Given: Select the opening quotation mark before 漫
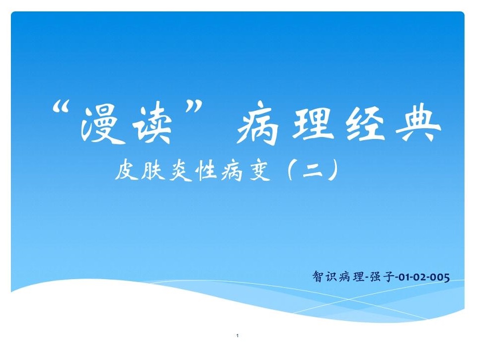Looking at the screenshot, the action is click(x=61, y=108).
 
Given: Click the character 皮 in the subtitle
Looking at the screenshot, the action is click(x=126, y=171).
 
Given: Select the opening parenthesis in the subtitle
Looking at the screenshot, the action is click(x=291, y=170).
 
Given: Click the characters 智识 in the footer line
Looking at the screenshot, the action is click(x=325, y=277).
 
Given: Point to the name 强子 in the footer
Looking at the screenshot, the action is click(x=382, y=277).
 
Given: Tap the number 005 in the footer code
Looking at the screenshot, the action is click(x=439, y=278).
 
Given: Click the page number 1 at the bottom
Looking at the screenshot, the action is click(x=238, y=336).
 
